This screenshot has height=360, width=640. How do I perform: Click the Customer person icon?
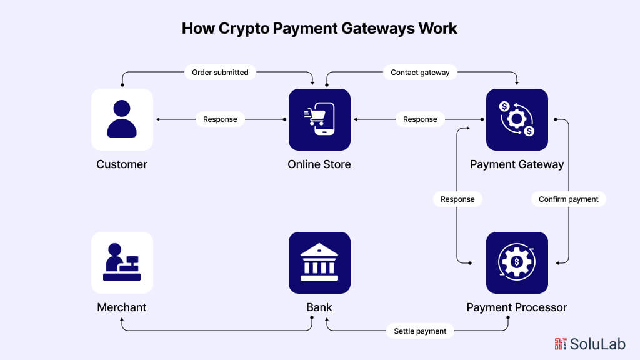coord(122,119)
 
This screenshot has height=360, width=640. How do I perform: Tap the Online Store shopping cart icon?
coord(319,119)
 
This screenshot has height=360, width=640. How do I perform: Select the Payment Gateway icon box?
coord(517,119)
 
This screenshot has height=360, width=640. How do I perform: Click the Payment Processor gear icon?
coord(517,262)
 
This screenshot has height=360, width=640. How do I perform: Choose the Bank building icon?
coord(319,262)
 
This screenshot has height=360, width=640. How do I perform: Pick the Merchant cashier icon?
coord(122,262)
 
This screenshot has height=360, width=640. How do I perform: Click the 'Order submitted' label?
coord(220,72)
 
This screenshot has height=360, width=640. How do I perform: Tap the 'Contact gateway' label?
coord(420,72)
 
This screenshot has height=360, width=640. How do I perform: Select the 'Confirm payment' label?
coord(568,199)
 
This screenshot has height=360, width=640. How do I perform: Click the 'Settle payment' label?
coord(420,331)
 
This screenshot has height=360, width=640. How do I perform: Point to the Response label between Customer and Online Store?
coord(220,119)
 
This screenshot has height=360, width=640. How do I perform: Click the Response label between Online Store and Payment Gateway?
coord(420,119)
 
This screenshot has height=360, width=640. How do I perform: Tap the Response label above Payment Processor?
coord(457,199)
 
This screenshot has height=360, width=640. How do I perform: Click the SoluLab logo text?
coord(597,344)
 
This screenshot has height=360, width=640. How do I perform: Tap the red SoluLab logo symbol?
coord(561,344)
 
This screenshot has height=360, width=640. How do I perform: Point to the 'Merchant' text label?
coord(122,307)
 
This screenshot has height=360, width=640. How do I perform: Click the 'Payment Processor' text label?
coord(517,307)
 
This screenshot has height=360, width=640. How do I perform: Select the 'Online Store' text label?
coord(319,164)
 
